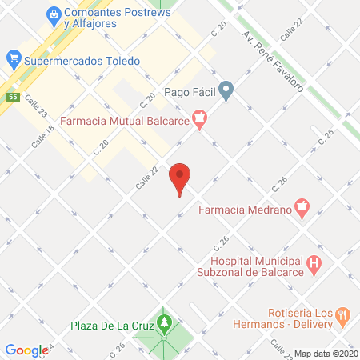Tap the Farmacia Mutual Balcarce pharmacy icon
200,121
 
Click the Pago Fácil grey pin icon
226,91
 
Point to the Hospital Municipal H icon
314,262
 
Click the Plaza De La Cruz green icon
165,322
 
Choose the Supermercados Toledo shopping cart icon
13,58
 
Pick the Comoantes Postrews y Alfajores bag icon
53,14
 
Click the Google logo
26,350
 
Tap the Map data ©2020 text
326,353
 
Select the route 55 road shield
13,97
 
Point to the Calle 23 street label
37,105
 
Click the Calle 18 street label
43,135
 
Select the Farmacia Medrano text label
244,211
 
